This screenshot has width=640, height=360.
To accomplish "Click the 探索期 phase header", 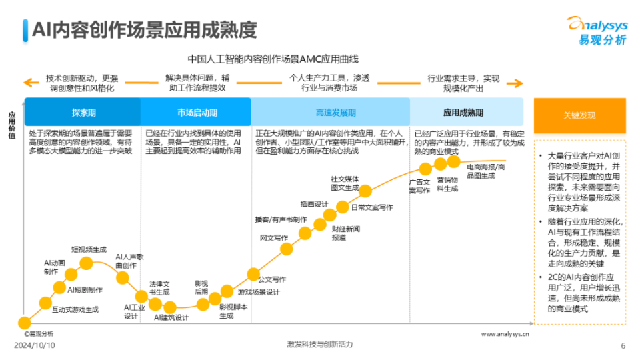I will pos(83,113).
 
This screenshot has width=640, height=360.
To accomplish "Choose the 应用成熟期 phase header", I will pos(463,113).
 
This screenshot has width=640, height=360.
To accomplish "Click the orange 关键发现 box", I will pos(579,115).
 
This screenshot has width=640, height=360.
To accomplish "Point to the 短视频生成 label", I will pos(89,249).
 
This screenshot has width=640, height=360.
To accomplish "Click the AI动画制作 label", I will pos(55,267).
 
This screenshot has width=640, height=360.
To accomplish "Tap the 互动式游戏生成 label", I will pos(75,309).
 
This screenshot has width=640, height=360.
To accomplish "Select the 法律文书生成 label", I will pos(159,287).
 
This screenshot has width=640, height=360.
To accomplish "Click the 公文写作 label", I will pos(272,279).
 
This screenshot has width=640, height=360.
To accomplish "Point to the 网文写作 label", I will pos(273,238).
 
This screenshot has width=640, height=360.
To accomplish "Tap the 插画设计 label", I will pos(314,204).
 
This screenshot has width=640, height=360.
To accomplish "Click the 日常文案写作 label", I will pos(372,207).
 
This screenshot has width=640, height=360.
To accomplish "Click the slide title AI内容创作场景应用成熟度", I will pos(144,30).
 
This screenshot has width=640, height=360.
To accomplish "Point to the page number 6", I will pos(623,345).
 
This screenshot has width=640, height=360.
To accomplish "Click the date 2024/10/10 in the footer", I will pos(35,345).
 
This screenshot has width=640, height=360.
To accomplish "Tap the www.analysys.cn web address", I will pos(505,333).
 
